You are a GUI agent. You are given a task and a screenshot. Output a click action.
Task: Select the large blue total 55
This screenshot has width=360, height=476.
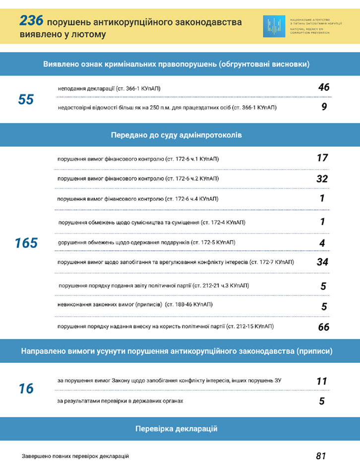tap(26, 100)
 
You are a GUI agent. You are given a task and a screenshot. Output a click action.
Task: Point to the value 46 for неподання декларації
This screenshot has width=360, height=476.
tap(324, 88)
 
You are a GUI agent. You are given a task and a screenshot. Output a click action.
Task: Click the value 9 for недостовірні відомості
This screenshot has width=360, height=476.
tap(324, 107)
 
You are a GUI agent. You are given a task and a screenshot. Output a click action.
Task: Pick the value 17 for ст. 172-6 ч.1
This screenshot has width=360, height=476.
tap(322, 158)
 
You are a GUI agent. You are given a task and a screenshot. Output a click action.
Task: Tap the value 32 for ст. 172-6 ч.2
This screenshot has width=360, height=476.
tap(322, 179)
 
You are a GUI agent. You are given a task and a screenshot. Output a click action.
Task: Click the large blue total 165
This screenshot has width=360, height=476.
tap(26, 243)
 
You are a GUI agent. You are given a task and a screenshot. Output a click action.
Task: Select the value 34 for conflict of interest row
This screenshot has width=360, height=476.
tap(322, 262)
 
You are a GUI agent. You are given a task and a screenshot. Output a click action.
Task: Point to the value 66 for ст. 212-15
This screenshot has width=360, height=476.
tap(323, 327)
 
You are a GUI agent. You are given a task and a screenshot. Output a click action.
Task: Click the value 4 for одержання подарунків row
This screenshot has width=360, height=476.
tap(322, 243)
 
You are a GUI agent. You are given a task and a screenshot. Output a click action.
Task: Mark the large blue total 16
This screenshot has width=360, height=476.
tap(26, 389)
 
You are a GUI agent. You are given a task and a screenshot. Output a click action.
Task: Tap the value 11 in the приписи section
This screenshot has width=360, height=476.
tap(322, 381)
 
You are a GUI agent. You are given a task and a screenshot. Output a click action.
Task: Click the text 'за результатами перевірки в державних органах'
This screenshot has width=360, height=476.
tap(120, 401)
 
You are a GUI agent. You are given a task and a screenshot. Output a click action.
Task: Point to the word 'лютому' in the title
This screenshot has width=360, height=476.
tap(89, 35)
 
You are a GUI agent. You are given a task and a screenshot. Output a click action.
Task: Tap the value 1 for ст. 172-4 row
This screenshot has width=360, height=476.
tap(322, 222)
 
